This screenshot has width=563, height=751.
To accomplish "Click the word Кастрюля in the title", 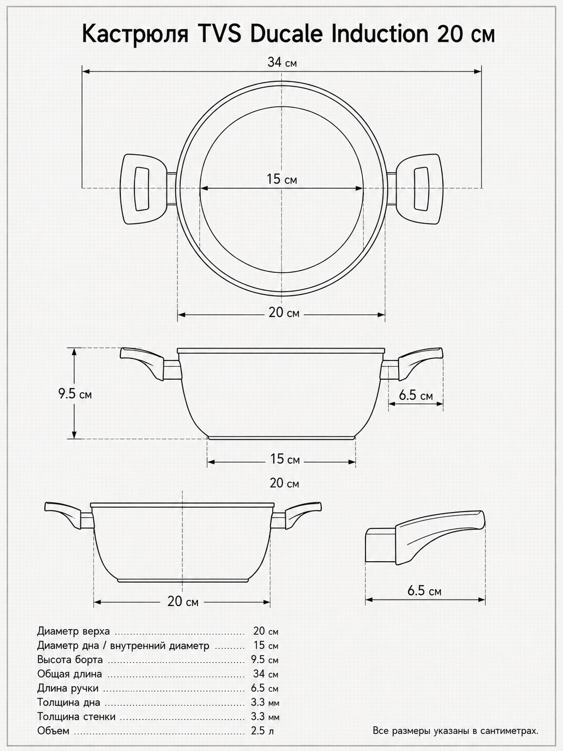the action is (x=135, y=35).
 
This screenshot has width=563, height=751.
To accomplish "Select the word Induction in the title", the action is (x=380, y=34).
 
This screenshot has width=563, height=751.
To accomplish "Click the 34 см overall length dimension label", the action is (x=282, y=62).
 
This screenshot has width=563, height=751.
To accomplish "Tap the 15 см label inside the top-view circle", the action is (x=281, y=178).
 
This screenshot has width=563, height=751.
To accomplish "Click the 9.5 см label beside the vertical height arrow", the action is (x=75, y=394).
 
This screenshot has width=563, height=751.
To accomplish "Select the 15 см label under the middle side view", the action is (x=285, y=458).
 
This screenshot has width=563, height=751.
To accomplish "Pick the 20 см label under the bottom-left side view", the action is (x=183, y=611).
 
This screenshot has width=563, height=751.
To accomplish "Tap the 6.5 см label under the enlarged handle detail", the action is (x=424, y=591).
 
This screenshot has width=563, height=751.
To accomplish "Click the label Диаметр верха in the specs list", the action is (x=74, y=641).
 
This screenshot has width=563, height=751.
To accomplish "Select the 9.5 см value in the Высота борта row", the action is (x=264, y=669).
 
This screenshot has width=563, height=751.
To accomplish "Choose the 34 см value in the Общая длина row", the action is (x=265, y=683).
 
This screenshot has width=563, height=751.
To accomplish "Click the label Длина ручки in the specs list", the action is (x=68, y=698).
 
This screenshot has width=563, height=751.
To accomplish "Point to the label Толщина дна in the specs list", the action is (x=69, y=712).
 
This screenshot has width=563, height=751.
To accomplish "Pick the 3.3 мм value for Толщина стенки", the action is (x=265, y=726).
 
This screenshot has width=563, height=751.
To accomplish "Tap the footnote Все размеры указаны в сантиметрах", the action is (x=455, y=741).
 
